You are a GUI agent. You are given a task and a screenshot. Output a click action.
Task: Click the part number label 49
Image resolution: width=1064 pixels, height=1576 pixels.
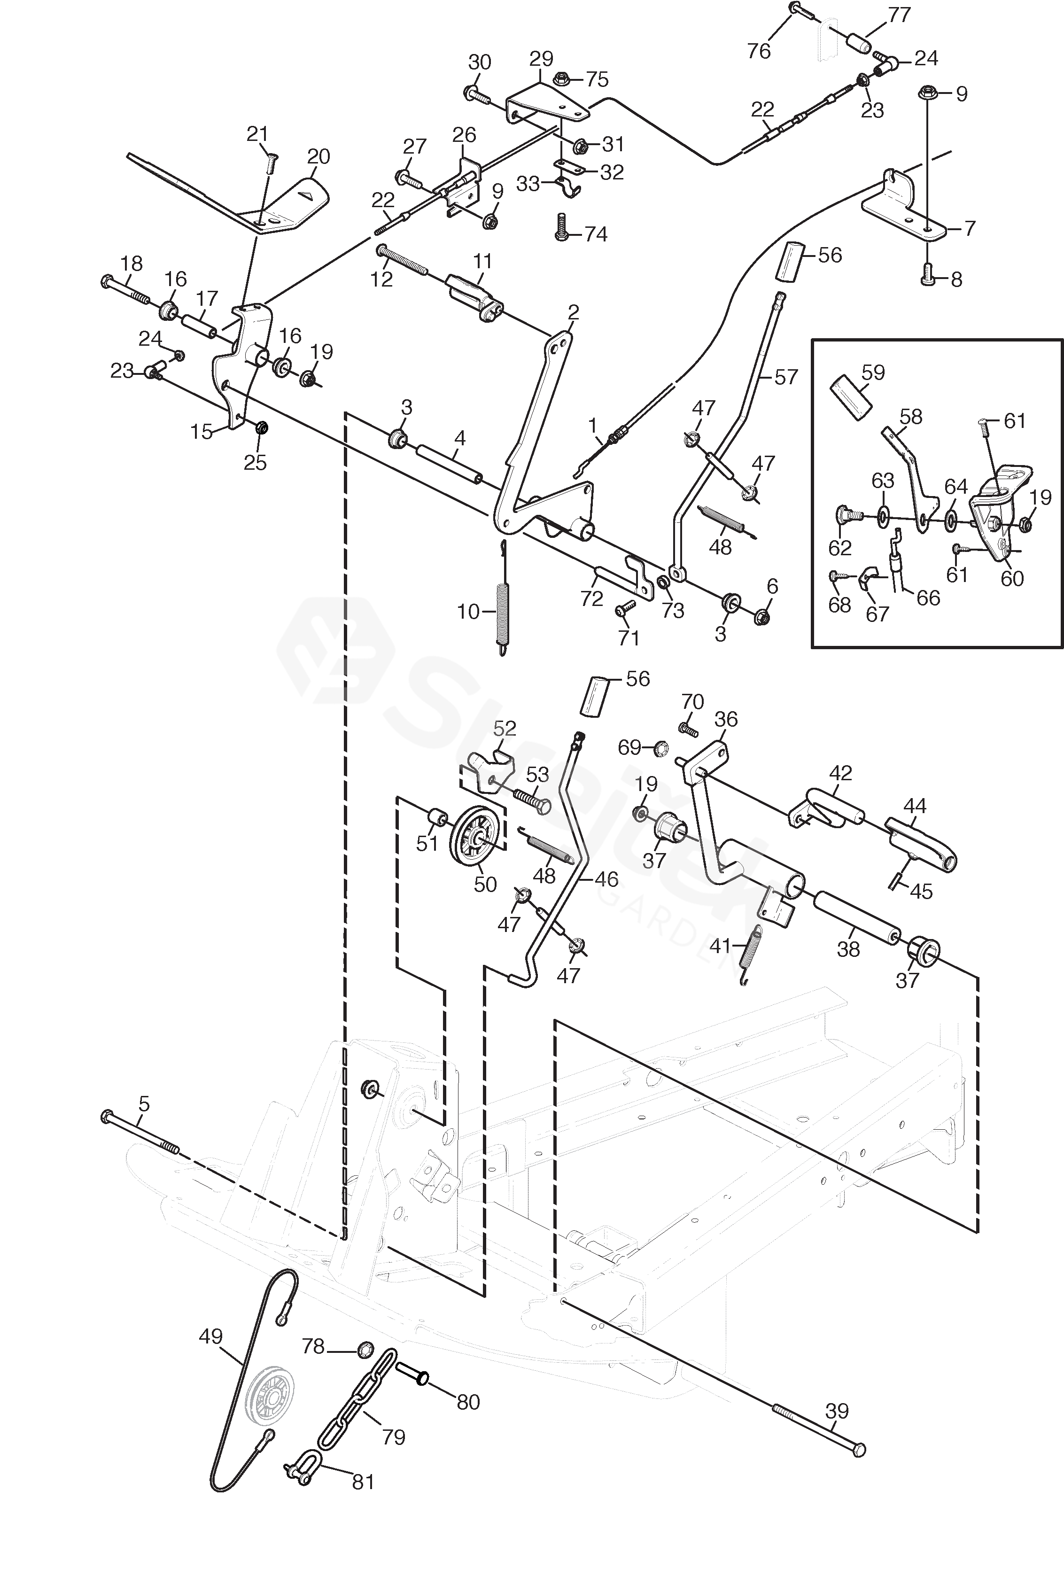[211, 1336]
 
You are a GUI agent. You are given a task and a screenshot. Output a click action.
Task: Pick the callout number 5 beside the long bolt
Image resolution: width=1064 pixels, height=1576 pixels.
[143, 1105]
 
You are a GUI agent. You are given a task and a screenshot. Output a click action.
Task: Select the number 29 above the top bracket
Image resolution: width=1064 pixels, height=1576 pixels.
[541, 59]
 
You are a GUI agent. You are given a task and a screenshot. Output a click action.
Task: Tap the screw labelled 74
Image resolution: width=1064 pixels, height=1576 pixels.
[561, 226]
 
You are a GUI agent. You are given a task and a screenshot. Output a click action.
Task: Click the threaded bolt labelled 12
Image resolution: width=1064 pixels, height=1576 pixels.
[404, 261]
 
